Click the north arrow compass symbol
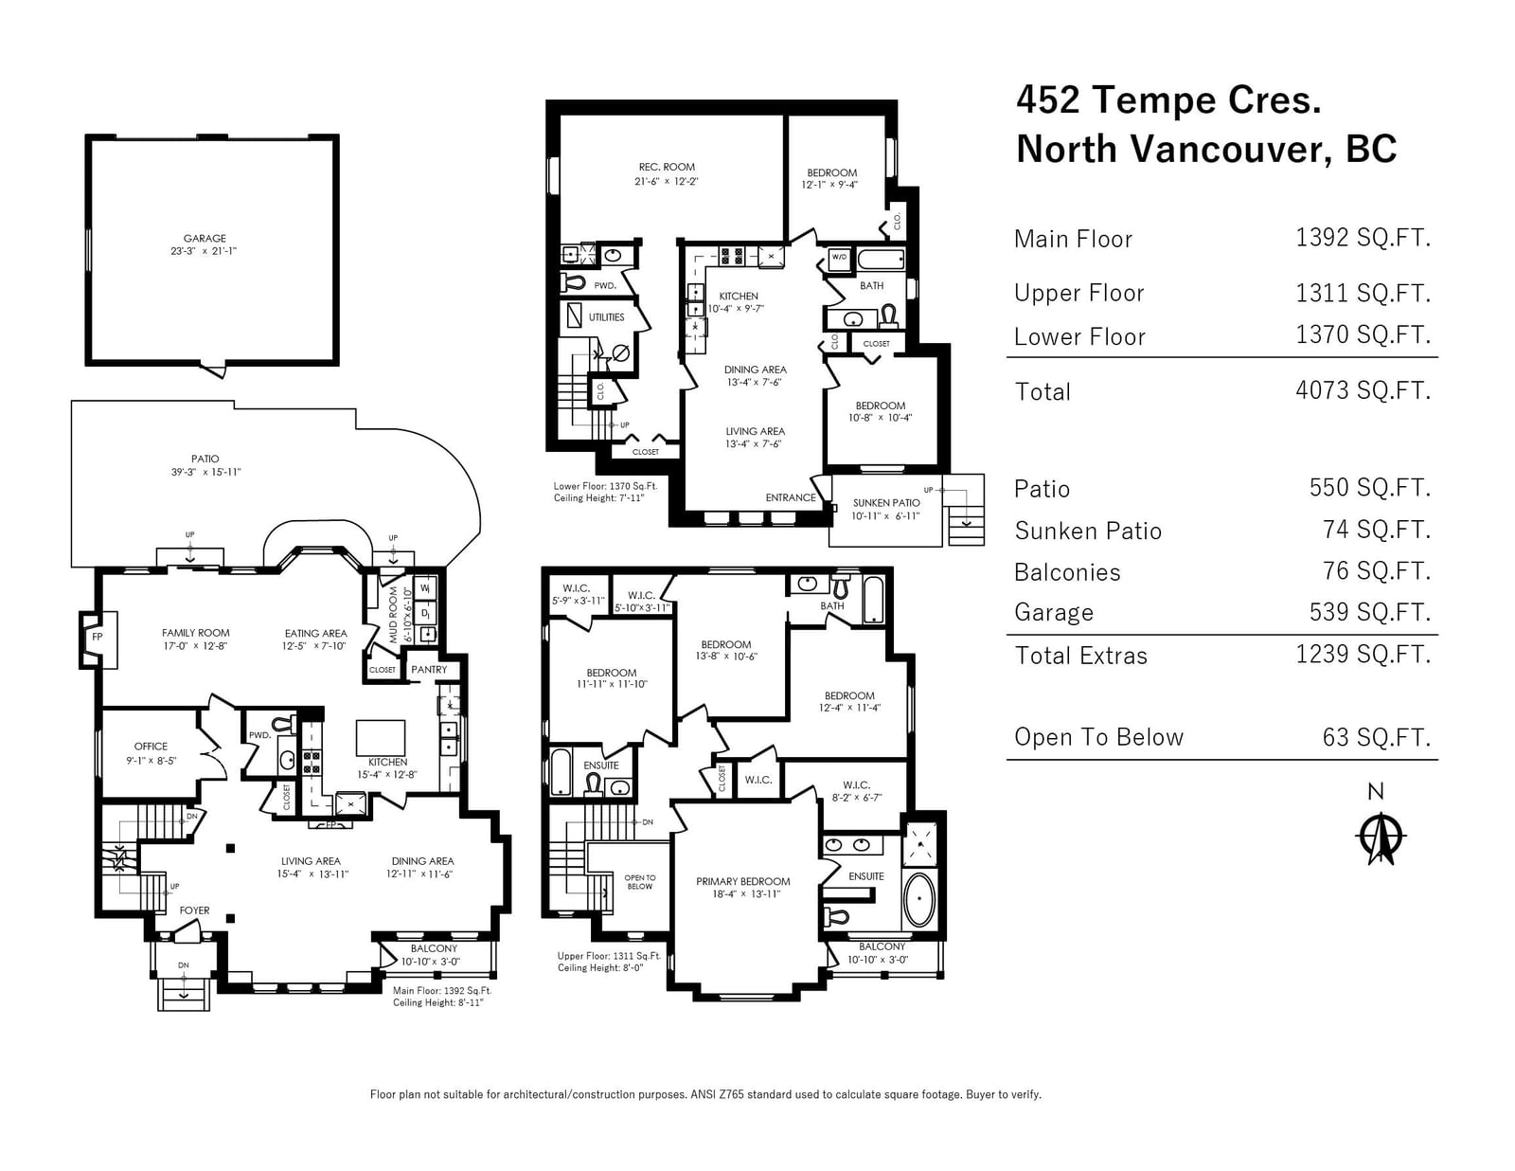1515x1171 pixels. [1381, 837]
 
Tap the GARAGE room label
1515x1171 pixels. [205, 239]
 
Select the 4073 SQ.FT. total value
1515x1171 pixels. [1363, 390]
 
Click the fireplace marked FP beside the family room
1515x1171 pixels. [97, 639]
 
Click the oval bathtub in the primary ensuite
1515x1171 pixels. [918, 900]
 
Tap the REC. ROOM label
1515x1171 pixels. [667, 168]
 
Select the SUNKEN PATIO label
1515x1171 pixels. [886, 503]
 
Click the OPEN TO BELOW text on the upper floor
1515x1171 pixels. [639, 882]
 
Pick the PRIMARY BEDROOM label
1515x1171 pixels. [742, 881]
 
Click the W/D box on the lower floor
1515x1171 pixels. [840, 258]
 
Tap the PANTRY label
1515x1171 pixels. [429, 670]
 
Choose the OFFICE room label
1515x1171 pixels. [151, 747]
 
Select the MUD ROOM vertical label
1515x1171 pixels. [393, 615]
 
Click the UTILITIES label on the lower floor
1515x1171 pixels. [607, 317]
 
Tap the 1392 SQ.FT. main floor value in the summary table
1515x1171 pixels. [1363, 238]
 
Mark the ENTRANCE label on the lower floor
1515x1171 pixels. [791, 498]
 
